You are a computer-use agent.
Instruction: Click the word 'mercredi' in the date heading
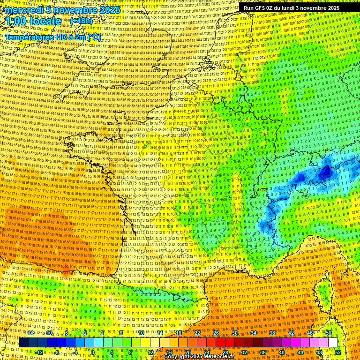[23, 10]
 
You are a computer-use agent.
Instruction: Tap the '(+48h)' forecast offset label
[81, 21]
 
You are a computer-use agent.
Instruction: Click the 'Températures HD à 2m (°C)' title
[52, 37]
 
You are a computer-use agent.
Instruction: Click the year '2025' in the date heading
[110, 10]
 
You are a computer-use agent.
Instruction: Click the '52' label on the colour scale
[338, 352]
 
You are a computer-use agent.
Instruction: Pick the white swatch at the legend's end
[333, 342]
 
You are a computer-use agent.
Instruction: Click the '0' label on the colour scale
[93, 352]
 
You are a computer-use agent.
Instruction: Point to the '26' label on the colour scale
[216, 333]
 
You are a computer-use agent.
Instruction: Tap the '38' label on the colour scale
[272, 333]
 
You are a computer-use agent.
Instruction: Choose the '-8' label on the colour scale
[57, 352]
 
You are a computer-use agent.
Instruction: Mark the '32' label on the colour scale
[244, 352]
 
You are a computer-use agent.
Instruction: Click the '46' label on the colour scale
[310, 333]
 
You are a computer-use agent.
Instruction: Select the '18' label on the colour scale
[179, 333]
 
